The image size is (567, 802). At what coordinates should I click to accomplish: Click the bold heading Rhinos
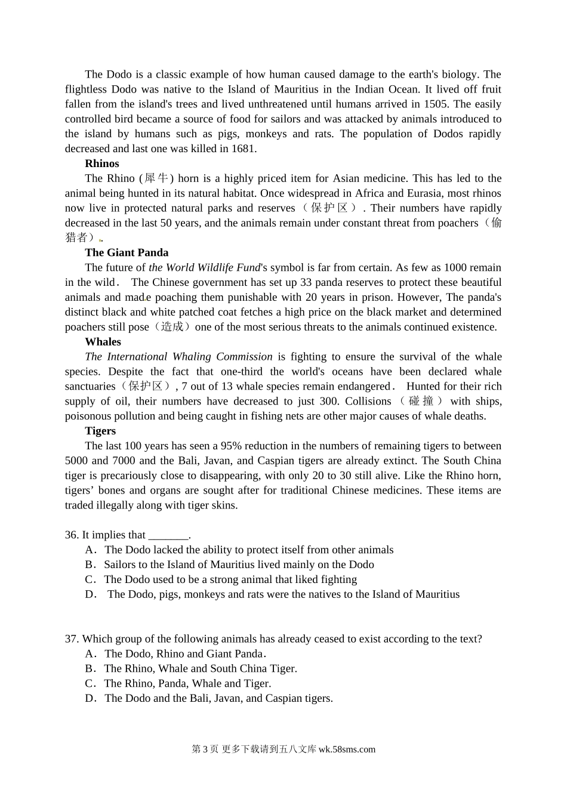102,164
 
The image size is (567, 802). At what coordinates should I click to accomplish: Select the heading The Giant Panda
127,252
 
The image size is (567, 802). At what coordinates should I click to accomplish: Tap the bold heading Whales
103,342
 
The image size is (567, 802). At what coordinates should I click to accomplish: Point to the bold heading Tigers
100,431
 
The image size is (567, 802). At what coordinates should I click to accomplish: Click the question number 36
72,535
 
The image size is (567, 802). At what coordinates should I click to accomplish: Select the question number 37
72,639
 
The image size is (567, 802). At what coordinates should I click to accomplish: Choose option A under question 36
91,550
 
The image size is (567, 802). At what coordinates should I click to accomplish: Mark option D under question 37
91,698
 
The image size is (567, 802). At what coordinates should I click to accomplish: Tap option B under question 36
90,565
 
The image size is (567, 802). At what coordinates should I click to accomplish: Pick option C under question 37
90,683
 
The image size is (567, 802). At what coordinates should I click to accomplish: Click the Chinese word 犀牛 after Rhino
156,178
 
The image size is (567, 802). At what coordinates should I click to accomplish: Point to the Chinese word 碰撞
421,401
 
